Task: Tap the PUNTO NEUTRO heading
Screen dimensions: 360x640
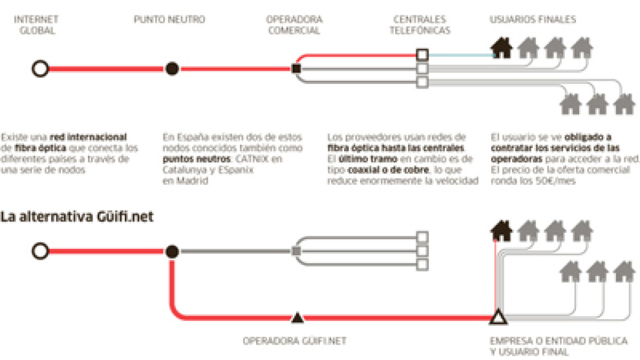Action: tap(169, 20)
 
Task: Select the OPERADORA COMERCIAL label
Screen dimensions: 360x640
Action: tap(293, 25)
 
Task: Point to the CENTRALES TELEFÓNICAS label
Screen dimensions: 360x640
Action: tap(421, 25)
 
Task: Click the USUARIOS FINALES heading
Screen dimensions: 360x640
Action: tap(531, 20)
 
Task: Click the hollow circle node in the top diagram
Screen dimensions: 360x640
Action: tap(41, 68)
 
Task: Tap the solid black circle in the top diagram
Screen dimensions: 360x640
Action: tap(172, 68)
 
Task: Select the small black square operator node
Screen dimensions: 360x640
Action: tap(296, 68)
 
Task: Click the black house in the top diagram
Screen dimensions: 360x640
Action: tap(502, 47)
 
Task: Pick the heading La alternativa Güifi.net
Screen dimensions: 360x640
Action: tap(77, 217)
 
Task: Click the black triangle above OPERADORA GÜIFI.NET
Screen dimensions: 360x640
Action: tap(297, 317)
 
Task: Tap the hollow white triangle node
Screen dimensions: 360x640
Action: tap(497, 317)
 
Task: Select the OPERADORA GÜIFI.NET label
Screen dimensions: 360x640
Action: tap(297, 341)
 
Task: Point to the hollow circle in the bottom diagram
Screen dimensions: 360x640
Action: tap(41, 251)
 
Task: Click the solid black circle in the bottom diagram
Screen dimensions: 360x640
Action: tap(172, 251)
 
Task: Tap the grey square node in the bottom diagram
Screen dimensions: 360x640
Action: tap(296, 251)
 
